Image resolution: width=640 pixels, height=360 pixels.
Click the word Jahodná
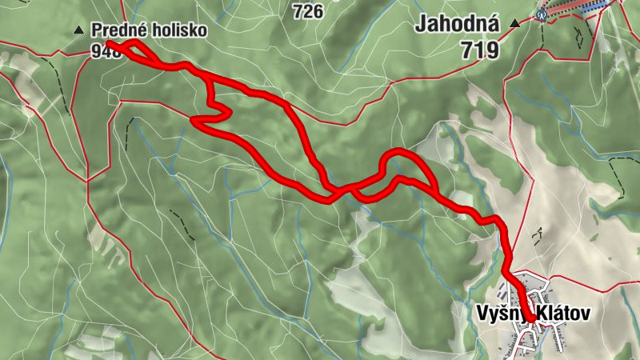point(457,24)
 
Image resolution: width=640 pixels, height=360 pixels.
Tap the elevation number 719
point(479,50)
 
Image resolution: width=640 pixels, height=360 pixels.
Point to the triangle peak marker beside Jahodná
point(514,24)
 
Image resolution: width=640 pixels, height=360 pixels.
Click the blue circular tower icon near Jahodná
point(542,14)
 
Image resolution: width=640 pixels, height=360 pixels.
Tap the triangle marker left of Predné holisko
point(78,30)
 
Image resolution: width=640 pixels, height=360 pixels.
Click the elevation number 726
point(307,11)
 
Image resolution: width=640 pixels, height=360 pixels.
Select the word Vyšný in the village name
point(498,314)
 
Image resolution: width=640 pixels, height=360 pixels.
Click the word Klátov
point(563,314)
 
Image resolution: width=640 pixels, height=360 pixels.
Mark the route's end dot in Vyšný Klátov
point(531,319)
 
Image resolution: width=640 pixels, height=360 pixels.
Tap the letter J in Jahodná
point(420,25)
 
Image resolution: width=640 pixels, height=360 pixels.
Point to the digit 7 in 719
point(467,50)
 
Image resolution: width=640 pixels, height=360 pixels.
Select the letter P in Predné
point(96,31)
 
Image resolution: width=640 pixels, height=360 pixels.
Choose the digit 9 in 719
point(491,50)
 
